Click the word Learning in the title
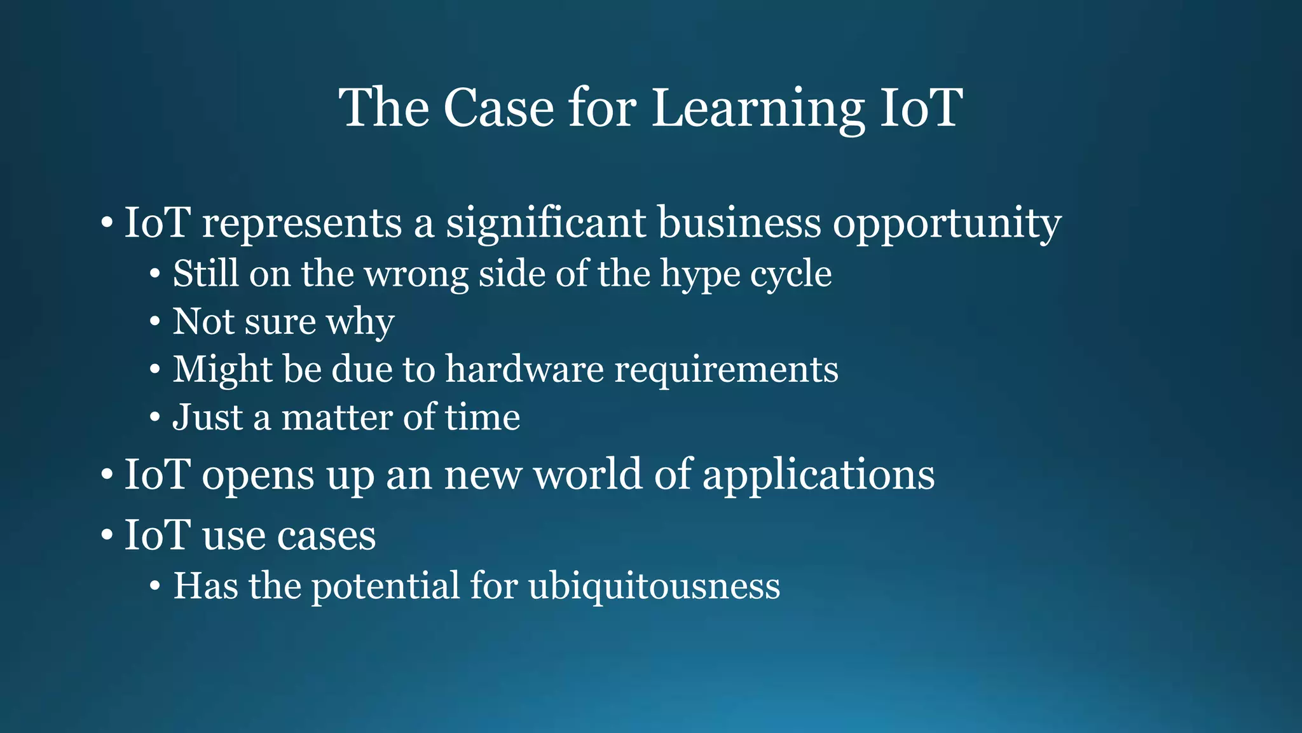758,108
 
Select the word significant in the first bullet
545,223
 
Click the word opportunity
947,223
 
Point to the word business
739,223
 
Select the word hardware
524,370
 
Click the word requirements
726,370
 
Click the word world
587,475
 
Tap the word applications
818,475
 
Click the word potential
385,586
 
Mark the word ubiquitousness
654,586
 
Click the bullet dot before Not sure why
155,322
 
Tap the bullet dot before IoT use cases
107,536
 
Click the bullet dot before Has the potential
155,586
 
